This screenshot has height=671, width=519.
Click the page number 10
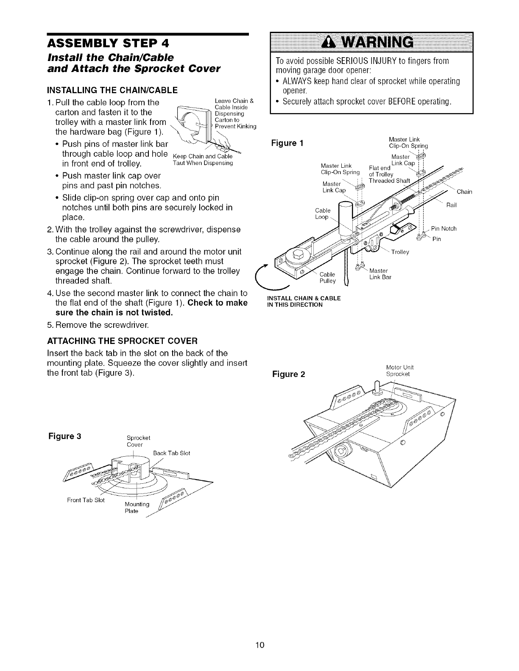259,645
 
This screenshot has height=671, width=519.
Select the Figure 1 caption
287,143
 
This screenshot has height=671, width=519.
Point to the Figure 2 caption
289,374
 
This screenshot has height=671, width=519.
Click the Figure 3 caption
65,436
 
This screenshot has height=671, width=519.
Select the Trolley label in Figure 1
399,252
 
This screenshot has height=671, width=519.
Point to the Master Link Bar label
380,274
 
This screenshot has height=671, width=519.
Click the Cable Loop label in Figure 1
323,213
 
